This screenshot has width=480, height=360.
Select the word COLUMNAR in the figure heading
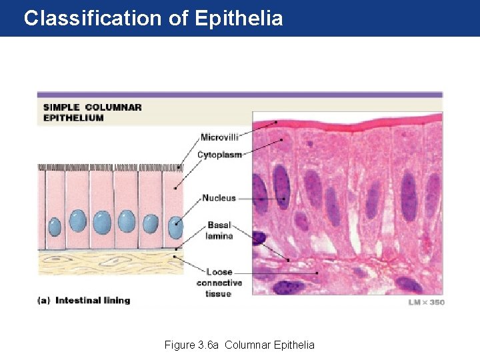(x=113, y=107)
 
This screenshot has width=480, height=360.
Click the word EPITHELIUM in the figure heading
(x=73, y=118)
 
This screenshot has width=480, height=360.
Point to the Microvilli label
(x=219, y=137)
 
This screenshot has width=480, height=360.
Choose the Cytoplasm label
(x=219, y=155)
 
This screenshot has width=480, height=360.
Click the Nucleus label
(x=219, y=198)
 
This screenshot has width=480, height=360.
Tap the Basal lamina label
(x=219, y=231)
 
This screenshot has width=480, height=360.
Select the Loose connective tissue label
(x=219, y=283)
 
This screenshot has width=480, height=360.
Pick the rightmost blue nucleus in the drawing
(x=175, y=225)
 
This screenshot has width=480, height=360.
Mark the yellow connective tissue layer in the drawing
(x=110, y=261)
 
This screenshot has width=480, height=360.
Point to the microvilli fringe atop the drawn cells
(x=110, y=167)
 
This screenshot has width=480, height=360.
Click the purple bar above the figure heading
(x=240, y=95)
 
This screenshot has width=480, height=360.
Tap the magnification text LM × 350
(x=425, y=302)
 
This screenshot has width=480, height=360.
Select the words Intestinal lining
(x=93, y=301)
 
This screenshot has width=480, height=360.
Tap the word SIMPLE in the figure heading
(x=61, y=107)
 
